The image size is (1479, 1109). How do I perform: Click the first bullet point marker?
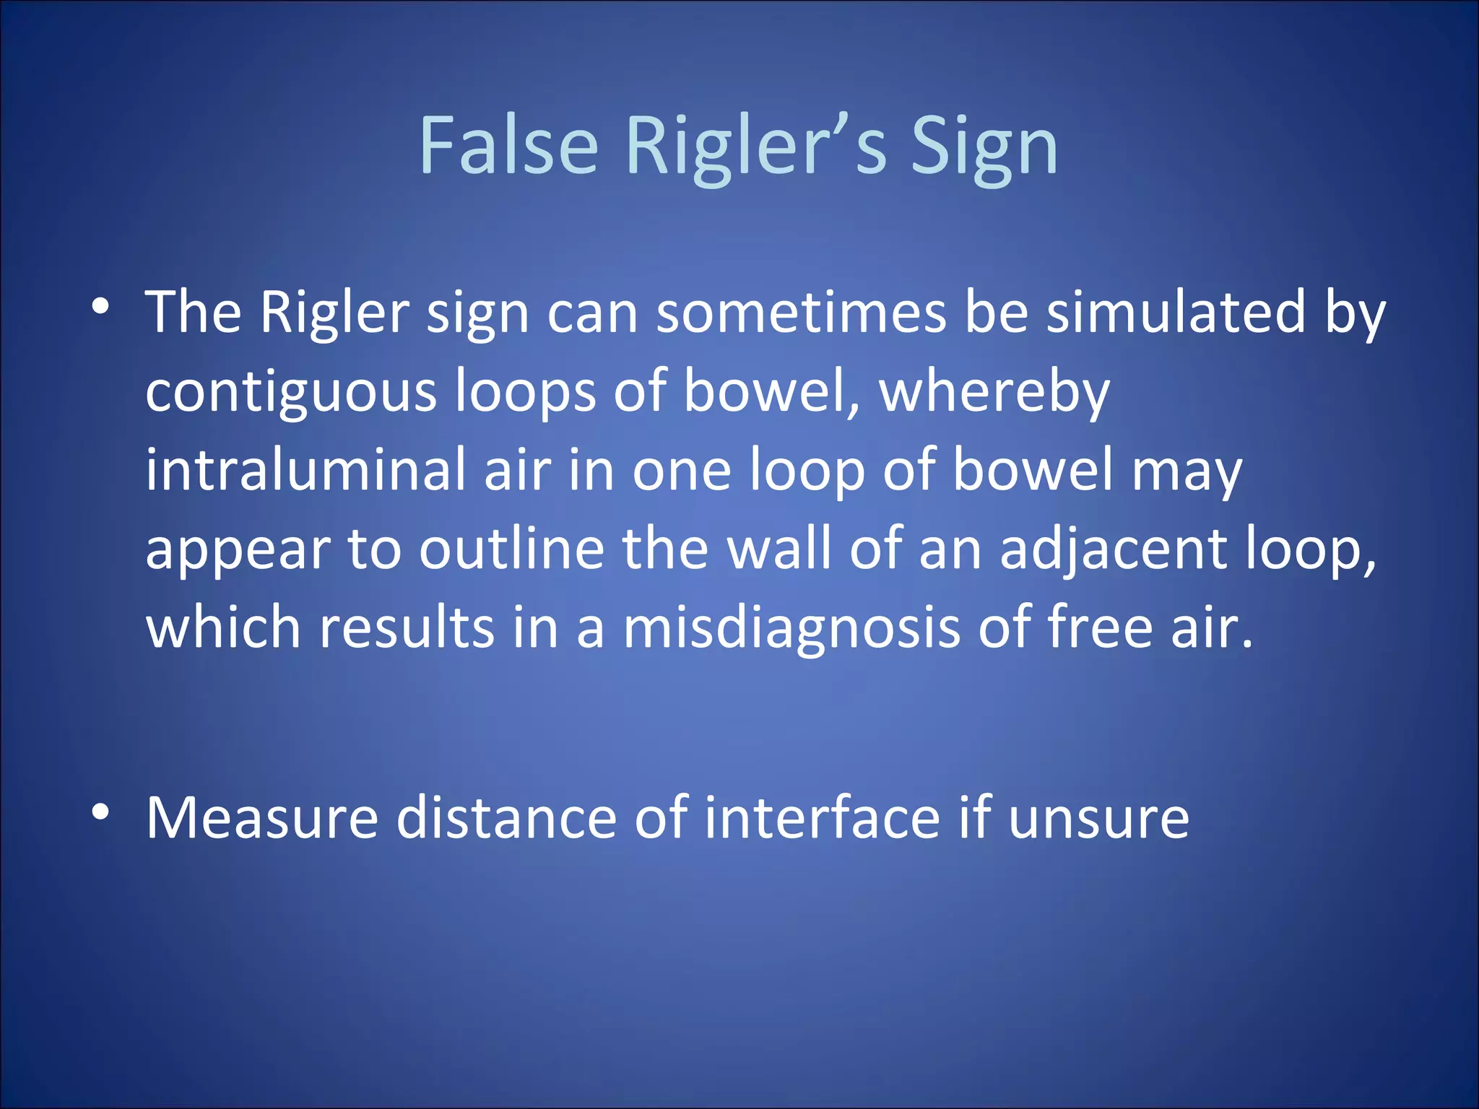[x=101, y=306]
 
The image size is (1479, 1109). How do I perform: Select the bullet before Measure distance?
[x=101, y=812]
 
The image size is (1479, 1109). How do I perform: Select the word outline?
[x=511, y=549]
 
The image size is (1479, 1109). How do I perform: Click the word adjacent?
[x=1114, y=549]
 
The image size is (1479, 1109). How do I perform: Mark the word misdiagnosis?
[x=791, y=627]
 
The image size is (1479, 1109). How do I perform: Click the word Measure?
[x=262, y=819]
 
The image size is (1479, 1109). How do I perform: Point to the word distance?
[x=506, y=819]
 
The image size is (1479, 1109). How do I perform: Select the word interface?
[x=823, y=819]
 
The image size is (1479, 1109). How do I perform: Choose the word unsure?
[x=1098, y=819]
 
